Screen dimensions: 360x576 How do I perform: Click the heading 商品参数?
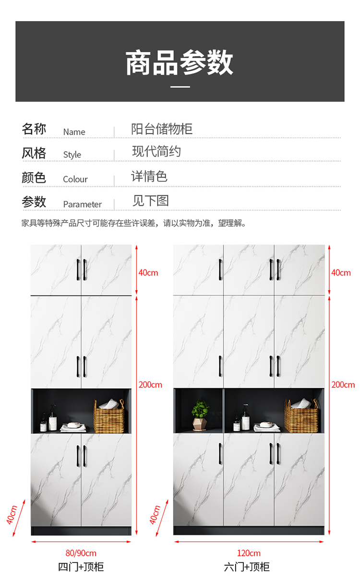click(180, 62)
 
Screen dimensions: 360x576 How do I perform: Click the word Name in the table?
click(74, 132)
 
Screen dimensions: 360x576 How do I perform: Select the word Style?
click(72, 155)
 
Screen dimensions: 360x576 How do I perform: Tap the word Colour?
click(75, 179)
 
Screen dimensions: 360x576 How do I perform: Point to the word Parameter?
click(83, 204)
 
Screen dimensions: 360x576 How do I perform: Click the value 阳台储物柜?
click(162, 129)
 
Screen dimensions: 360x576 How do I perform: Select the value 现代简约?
click(156, 151)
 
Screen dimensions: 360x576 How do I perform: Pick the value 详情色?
click(149, 176)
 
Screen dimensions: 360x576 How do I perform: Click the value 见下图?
click(151, 200)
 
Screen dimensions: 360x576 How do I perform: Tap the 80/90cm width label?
click(81, 553)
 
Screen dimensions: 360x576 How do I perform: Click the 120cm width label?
click(249, 553)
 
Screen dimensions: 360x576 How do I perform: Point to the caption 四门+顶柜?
click(81, 567)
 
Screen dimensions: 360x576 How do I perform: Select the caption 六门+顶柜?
click(247, 567)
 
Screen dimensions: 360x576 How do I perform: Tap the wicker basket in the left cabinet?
click(109, 416)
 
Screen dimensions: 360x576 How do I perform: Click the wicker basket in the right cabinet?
click(301, 416)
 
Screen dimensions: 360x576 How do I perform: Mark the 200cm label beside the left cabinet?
click(150, 385)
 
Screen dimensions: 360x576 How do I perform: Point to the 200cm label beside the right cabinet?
click(343, 385)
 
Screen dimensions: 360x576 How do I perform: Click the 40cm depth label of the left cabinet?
click(12, 515)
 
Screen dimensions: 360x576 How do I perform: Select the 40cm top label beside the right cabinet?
click(341, 272)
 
